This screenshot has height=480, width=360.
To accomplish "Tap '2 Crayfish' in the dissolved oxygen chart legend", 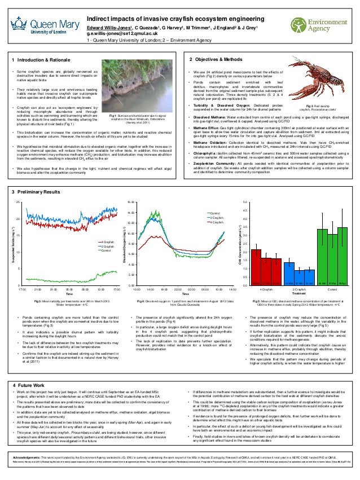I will (x=217, y=202).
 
